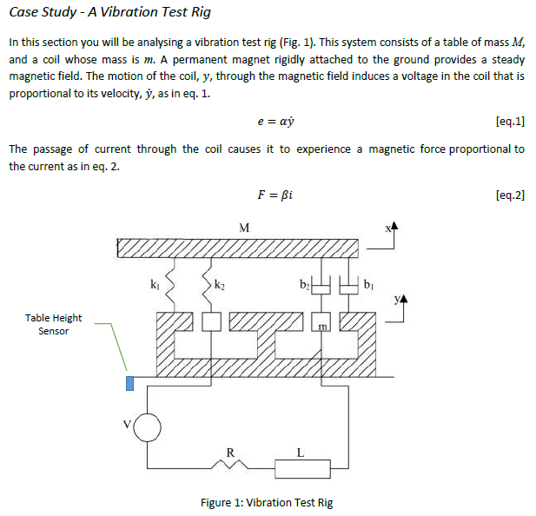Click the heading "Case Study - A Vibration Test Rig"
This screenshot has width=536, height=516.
pos(109,13)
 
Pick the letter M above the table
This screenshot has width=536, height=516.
pos(244,228)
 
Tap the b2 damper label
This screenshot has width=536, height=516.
pos(303,284)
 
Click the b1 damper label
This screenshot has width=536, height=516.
pos(368,284)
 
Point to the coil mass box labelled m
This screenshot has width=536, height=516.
pos(321,323)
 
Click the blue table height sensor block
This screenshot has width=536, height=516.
pos(130,383)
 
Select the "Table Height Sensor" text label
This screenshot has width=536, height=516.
pos(53,324)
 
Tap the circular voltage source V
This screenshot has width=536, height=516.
pos(147,427)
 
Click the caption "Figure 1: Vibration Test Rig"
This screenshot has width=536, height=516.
pos(266,502)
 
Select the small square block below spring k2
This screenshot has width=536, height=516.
pos(211,321)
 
